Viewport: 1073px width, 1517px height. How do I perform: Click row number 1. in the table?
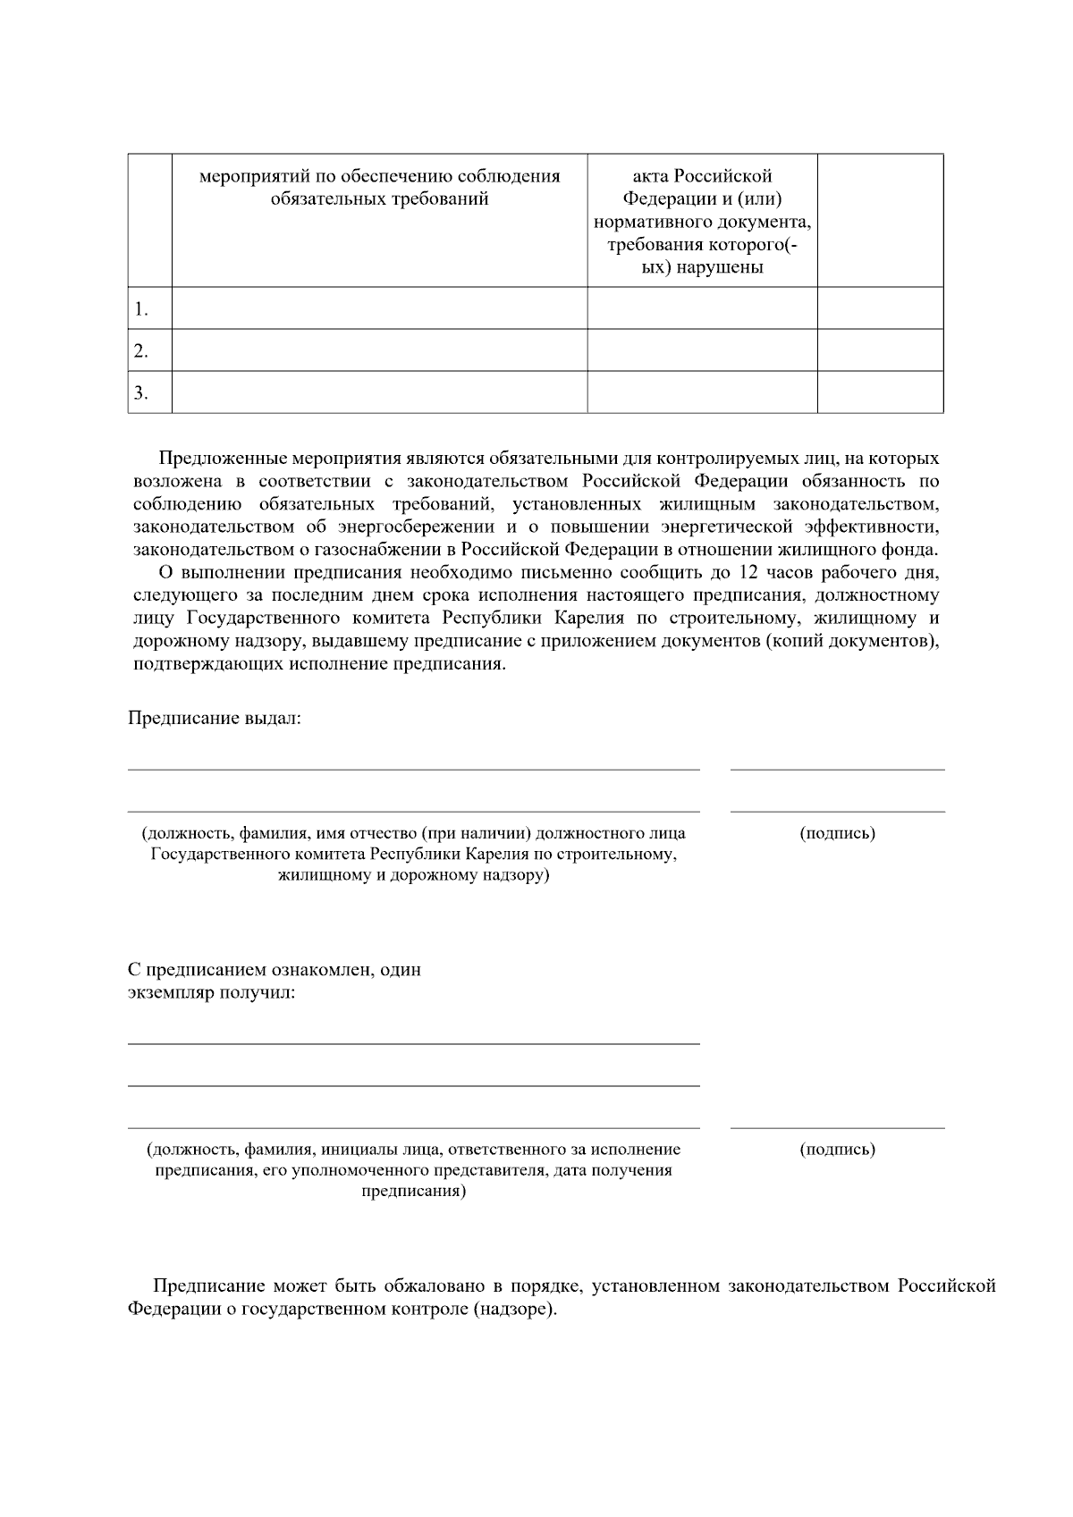pyautogui.click(x=141, y=310)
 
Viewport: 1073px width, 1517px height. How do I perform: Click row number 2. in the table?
pyautogui.click(x=141, y=351)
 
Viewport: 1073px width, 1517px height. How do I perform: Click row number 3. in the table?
pyautogui.click(x=141, y=393)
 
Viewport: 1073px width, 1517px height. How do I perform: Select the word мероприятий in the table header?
pyautogui.click(x=246, y=176)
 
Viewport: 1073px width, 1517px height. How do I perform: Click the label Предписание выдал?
pyautogui.click(x=215, y=719)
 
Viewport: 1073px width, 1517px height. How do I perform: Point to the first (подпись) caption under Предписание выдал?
pyautogui.click(x=837, y=833)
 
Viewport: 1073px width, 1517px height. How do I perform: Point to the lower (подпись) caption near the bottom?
pyautogui.click(x=837, y=1150)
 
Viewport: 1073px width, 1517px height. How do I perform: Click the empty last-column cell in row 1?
pyautogui.click(x=880, y=308)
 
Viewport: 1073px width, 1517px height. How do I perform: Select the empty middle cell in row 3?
pyautogui.click(x=702, y=392)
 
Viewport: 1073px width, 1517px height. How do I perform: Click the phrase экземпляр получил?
pyautogui.click(x=212, y=993)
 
